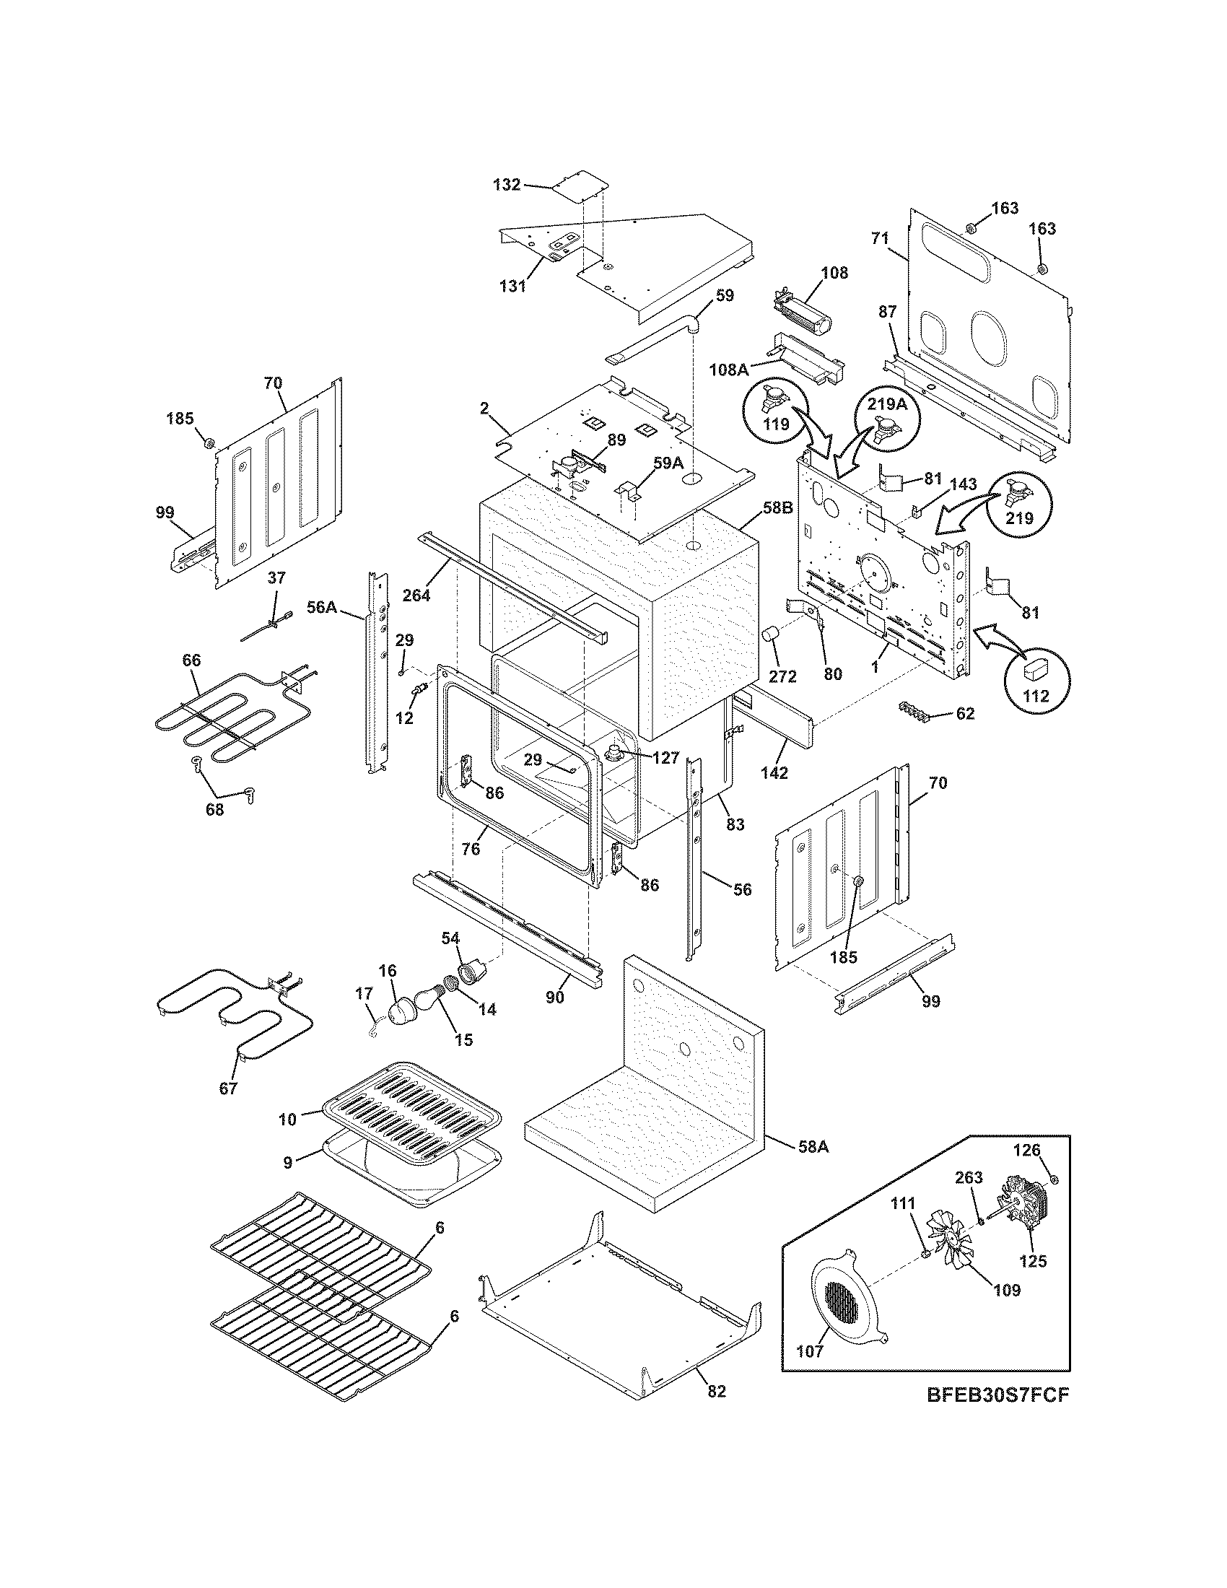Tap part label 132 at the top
coord(507,185)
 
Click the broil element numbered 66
coord(211,716)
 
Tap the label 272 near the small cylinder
coord(782,676)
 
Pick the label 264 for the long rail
coord(416,595)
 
